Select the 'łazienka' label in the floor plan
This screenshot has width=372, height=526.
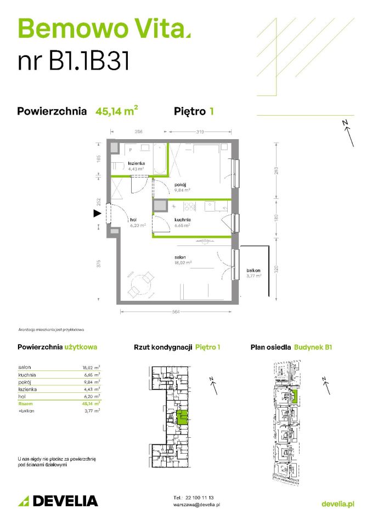[136, 164]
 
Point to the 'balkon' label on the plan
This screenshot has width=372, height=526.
[253, 271]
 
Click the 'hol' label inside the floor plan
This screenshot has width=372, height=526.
[133, 219]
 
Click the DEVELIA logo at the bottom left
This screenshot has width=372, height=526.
[58, 500]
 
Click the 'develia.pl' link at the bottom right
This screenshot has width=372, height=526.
[337, 504]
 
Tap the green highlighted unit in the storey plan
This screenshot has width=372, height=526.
[184, 418]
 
